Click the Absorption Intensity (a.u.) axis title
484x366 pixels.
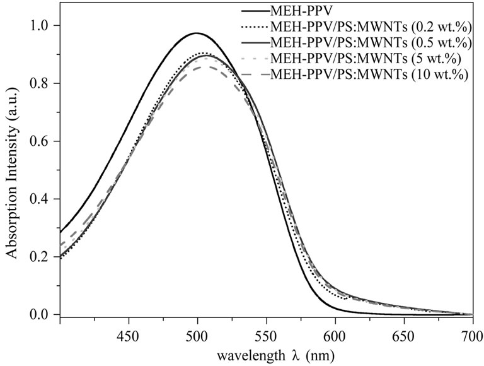click(x=12, y=170)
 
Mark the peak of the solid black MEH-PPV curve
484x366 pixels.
click(x=196, y=33)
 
